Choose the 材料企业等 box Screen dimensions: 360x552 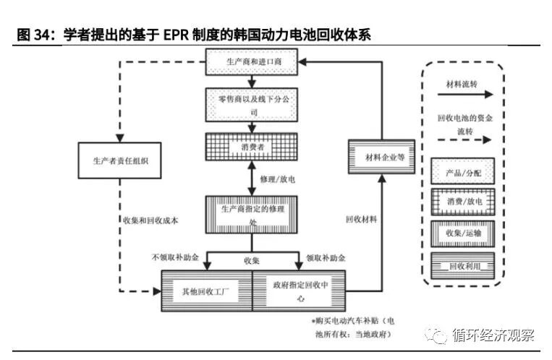click(381, 157)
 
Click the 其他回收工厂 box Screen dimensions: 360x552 click(206, 291)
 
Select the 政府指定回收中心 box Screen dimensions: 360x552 click(299, 291)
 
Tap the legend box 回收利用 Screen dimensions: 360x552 click(462, 265)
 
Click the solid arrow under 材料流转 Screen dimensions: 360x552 click(462, 94)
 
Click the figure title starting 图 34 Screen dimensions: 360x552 click(192, 35)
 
